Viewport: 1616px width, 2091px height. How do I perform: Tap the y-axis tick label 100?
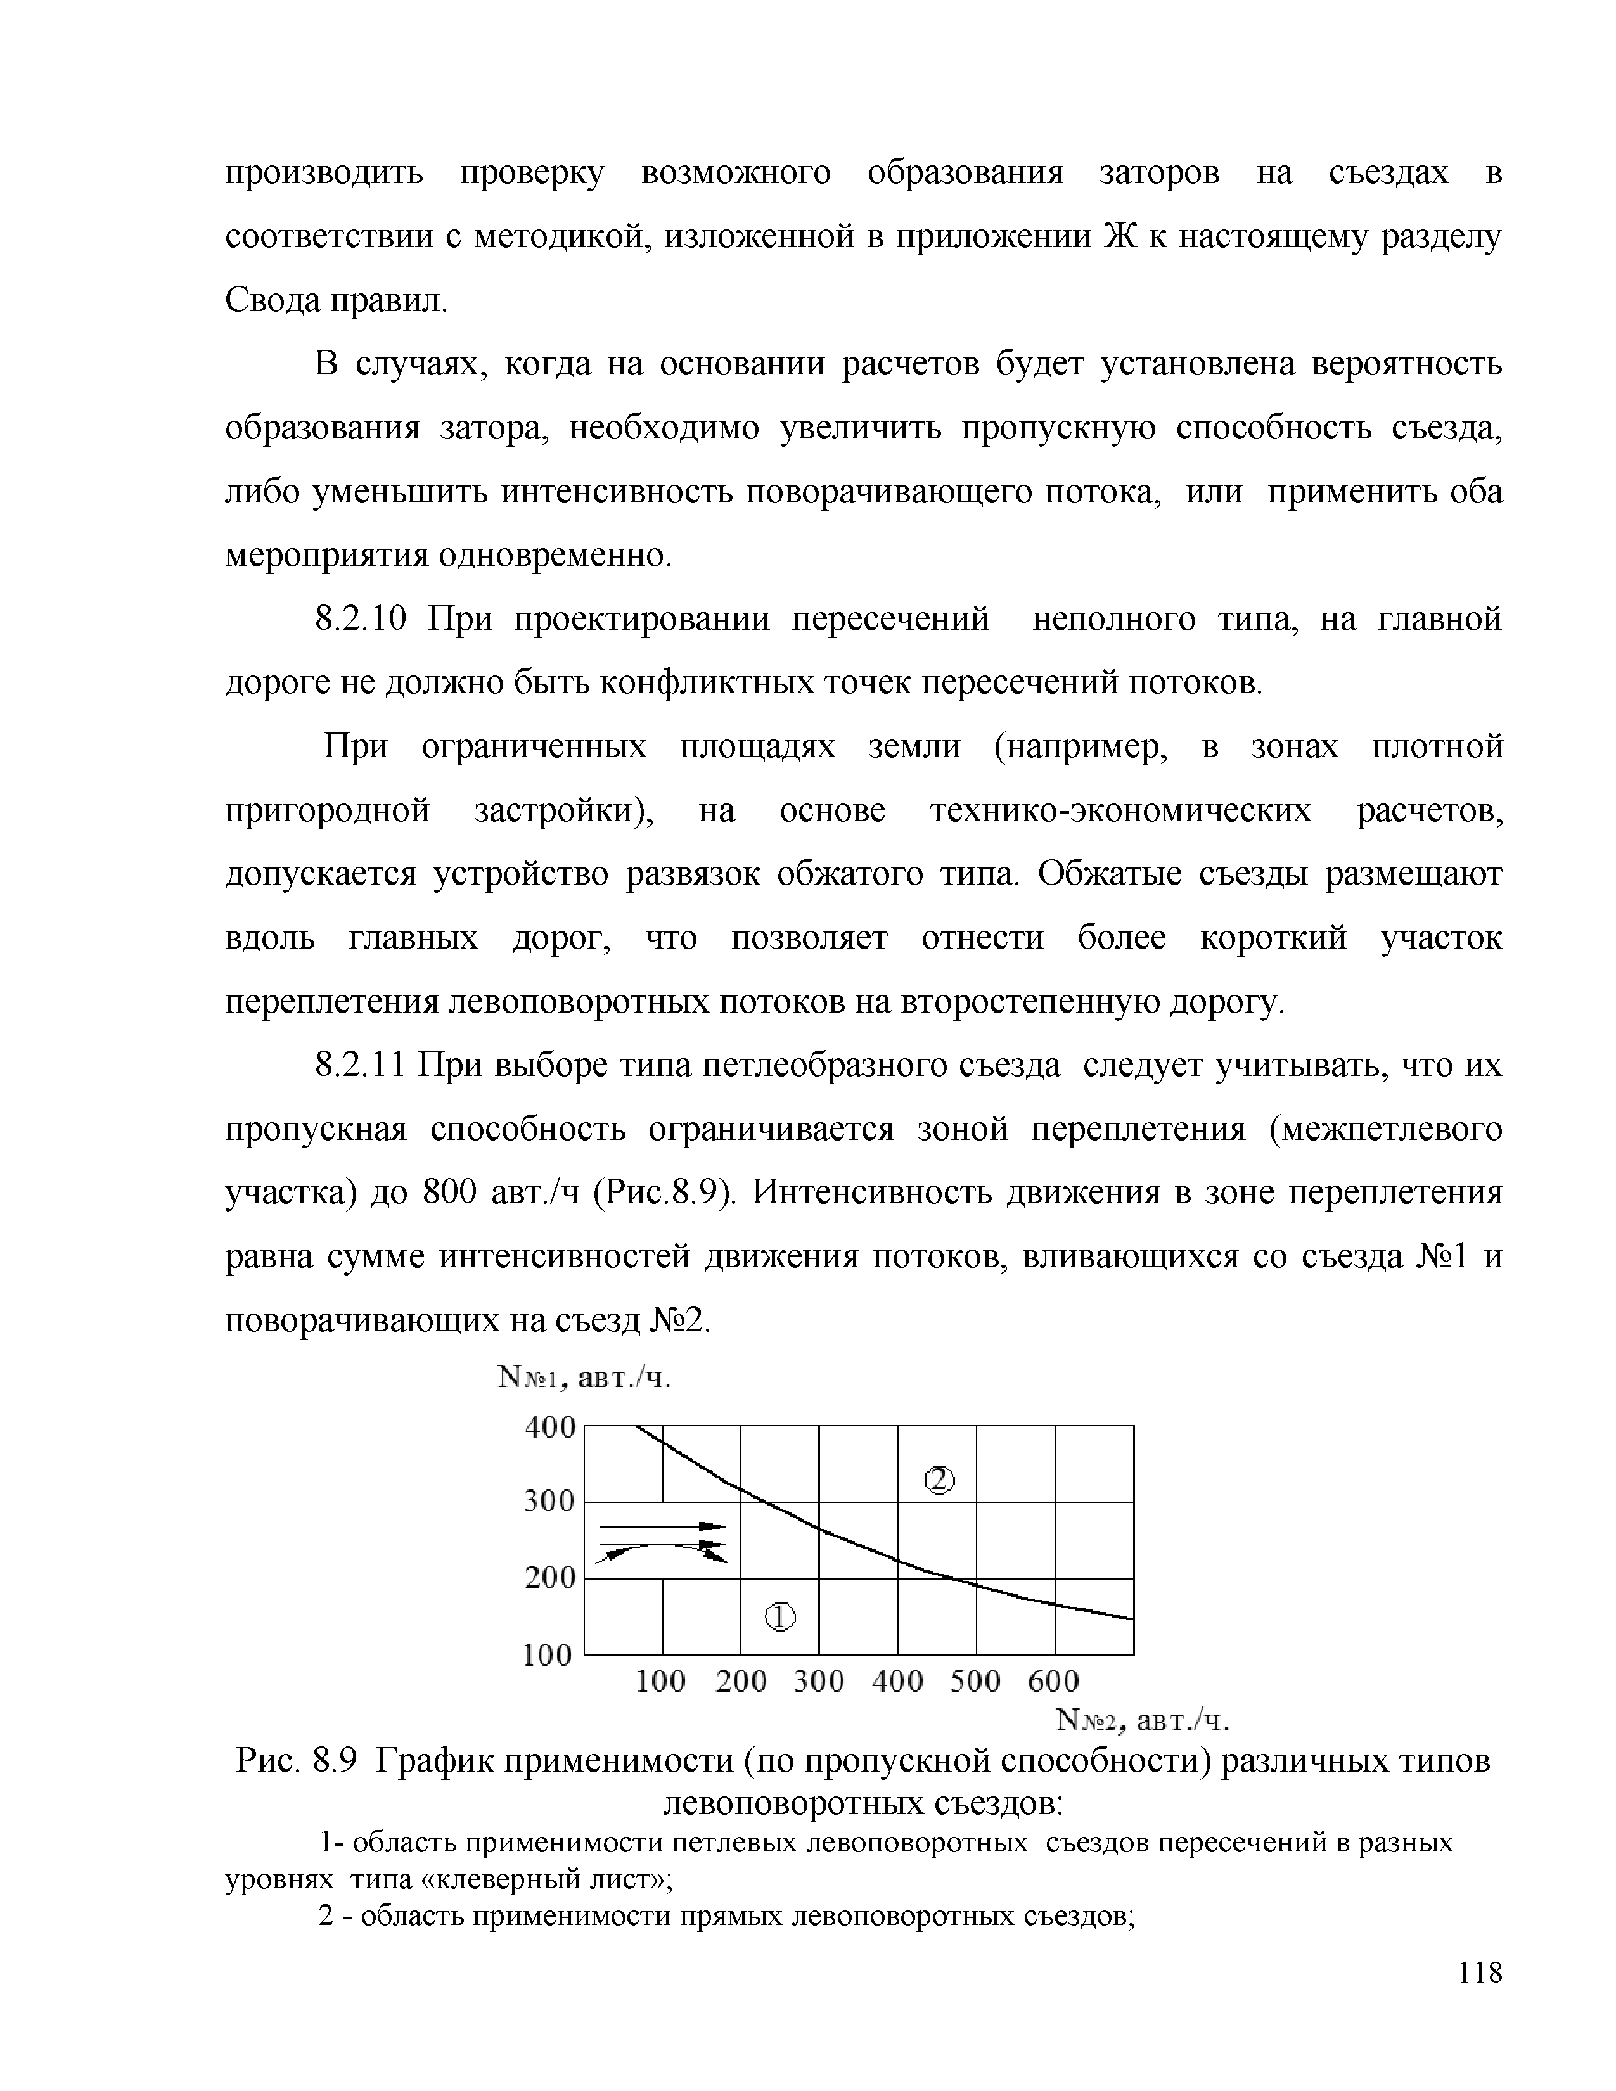click(x=548, y=1654)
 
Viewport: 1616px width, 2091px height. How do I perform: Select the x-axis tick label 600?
click(x=1053, y=1681)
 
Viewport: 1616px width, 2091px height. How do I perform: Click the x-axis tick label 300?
click(x=819, y=1681)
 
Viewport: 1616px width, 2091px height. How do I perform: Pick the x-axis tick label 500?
click(x=975, y=1681)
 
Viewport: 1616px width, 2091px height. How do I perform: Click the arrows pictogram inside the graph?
click(x=662, y=1542)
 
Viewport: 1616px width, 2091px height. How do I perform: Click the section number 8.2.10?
click(x=362, y=620)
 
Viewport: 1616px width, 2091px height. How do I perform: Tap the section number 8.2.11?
click(x=362, y=1066)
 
